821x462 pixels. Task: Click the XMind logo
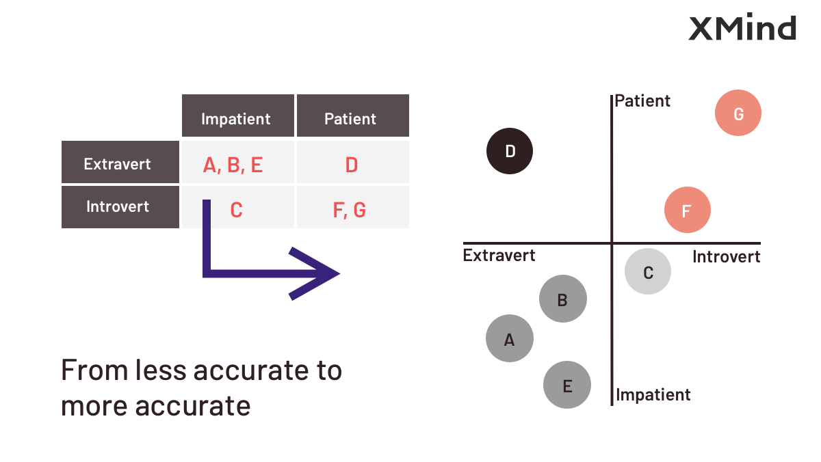tap(742, 27)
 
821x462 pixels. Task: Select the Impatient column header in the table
tap(238, 116)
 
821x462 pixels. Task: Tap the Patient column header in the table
tap(352, 116)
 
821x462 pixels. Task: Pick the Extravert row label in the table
tap(120, 162)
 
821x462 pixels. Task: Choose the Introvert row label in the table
tap(120, 207)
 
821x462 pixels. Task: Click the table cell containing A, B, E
tap(238, 162)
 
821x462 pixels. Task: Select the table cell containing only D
tap(352, 162)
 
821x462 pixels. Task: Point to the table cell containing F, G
tap(352, 207)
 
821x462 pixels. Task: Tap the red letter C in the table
tap(237, 210)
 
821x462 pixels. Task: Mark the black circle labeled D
tap(510, 151)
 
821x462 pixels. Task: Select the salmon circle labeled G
tap(738, 113)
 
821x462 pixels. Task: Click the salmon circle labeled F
tap(687, 210)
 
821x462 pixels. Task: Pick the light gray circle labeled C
tap(648, 271)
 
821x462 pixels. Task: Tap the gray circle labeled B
tap(562, 299)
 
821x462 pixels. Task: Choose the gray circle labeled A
tap(510, 338)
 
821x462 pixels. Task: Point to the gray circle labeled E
tap(567, 385)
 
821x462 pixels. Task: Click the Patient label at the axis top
tap(642, 100)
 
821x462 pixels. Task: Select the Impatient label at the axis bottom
tap(653, 394)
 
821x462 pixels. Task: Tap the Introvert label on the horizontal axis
tap(726, 256)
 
